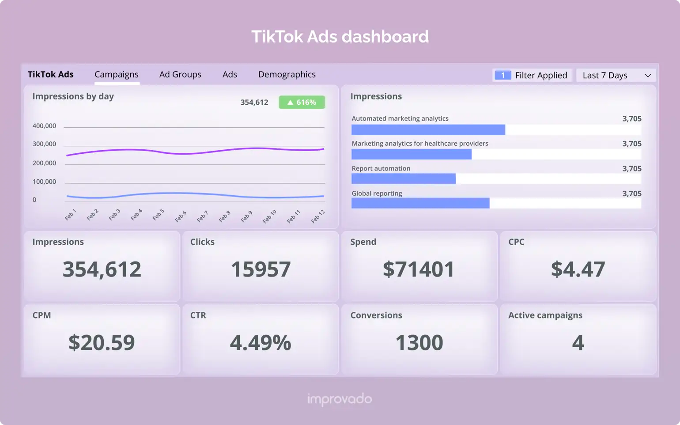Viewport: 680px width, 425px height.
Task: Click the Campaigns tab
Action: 117,75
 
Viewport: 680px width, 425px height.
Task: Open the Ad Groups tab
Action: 180,75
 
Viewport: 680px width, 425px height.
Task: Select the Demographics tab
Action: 287,75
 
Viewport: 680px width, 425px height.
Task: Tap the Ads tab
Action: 230,75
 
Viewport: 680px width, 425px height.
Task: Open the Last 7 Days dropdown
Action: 616,76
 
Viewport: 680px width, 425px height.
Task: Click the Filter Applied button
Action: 532,76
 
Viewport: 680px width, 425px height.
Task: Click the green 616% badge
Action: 302,102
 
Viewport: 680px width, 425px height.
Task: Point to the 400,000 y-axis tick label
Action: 44,126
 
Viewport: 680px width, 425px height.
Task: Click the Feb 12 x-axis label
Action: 318,216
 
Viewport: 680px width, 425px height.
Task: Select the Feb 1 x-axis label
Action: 71,214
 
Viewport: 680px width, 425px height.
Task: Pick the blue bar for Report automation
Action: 404,179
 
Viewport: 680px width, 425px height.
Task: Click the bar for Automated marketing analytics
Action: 428,130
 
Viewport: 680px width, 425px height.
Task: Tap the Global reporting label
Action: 377,194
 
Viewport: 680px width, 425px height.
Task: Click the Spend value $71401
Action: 419,269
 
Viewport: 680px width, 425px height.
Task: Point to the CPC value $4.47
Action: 578,269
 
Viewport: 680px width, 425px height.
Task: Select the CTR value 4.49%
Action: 261,343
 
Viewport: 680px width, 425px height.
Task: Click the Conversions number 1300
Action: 419,343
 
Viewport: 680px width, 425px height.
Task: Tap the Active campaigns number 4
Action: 578,343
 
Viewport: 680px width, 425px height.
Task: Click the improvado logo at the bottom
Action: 340,399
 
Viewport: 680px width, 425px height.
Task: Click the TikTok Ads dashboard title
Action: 340,37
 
